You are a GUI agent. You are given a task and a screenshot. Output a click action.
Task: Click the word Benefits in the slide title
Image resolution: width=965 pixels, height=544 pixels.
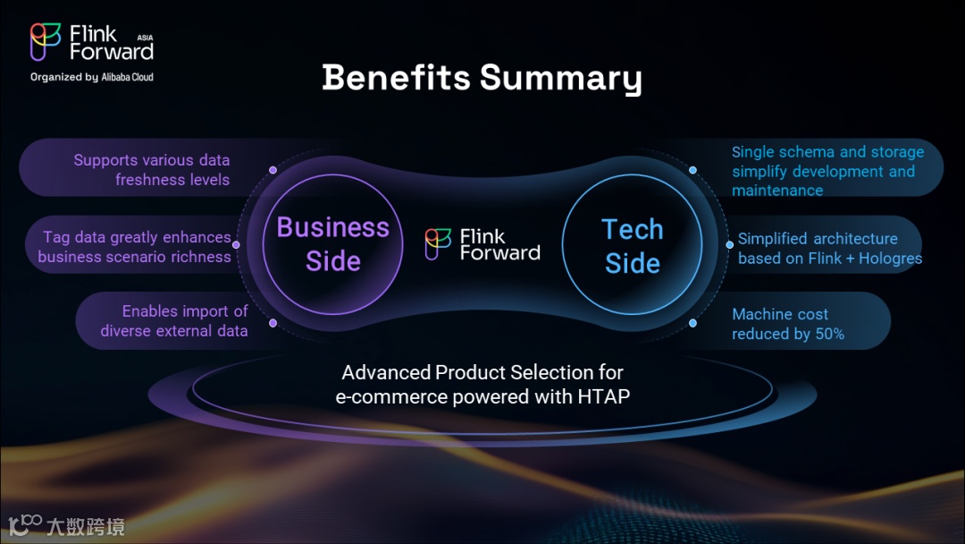coord(396,77)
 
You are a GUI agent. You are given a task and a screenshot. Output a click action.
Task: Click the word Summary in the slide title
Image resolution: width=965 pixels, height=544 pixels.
coord(560,79)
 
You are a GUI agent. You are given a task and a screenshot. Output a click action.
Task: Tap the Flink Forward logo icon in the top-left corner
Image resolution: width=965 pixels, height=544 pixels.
coord(46,42)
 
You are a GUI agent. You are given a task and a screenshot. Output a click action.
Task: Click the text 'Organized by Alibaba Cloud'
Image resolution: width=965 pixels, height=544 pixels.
coord(92,77)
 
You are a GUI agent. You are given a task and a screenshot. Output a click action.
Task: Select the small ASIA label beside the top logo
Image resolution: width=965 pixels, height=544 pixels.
coord(146,38)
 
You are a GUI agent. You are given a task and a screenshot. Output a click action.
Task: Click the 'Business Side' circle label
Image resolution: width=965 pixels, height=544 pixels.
coord(333,244)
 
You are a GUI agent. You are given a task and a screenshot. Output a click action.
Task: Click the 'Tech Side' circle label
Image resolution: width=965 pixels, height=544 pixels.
coord(633,246)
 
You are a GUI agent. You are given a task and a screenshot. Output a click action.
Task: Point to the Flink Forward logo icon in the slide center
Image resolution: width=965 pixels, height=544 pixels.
coord(438,244)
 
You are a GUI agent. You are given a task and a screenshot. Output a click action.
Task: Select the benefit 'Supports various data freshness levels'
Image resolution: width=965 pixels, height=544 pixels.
coord(151,170)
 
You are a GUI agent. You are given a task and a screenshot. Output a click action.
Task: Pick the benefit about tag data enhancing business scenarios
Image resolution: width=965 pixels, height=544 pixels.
coord(134,246)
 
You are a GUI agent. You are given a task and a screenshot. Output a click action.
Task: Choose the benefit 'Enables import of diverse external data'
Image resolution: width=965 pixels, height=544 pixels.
coord(174,321)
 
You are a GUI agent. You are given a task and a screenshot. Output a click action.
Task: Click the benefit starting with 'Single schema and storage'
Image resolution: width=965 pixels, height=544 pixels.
coord(827,171)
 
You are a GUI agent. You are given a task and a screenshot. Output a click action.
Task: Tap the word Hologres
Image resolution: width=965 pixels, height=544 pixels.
coord(890,259)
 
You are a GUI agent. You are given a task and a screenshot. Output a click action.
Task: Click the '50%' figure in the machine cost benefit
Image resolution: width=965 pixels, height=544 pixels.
coord(829,334)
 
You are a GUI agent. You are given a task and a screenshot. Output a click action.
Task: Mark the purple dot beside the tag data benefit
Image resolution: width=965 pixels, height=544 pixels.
coord(236,244)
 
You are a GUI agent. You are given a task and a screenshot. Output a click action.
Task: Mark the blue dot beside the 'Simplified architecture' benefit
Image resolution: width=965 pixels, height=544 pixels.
coord(729,244)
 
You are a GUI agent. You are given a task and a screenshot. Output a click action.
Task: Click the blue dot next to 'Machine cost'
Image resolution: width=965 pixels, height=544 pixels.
coord(693,323)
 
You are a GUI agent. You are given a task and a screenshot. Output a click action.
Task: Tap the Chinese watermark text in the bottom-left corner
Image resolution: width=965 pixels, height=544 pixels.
coord(86,527)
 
